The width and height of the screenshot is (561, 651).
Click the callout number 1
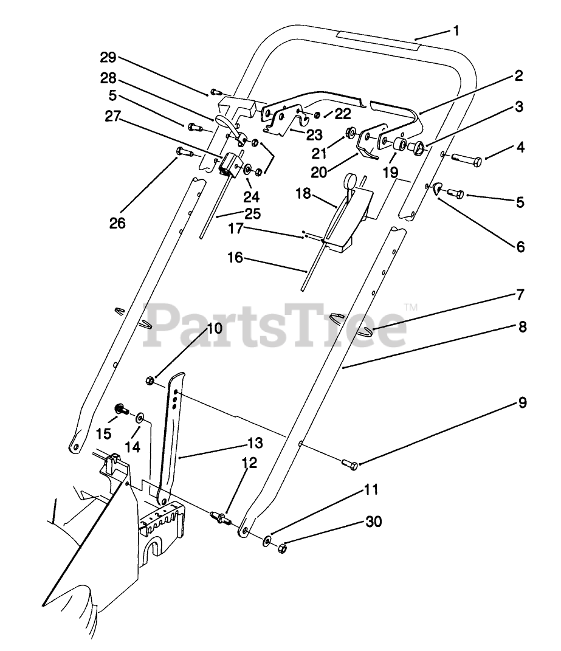(x=456, y=29)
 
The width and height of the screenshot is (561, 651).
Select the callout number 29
(x=108, y=58)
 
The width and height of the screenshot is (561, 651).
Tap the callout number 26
(x=117, y=222)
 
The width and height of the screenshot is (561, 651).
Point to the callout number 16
(x=235, y=258)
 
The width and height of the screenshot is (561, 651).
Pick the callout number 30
(x=373, y=521)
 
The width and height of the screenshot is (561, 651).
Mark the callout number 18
(x=303, y=194)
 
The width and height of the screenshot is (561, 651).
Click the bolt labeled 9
(x=352, y=464)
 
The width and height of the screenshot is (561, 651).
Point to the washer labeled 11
(x=267, y=540)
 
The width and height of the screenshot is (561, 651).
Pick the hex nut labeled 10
(x=150, y=381)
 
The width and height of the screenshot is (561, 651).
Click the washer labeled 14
(x=140, y=417)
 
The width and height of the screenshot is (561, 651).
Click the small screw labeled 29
(x=214, y=92)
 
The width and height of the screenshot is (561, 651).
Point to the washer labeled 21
(x=351, y=133)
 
